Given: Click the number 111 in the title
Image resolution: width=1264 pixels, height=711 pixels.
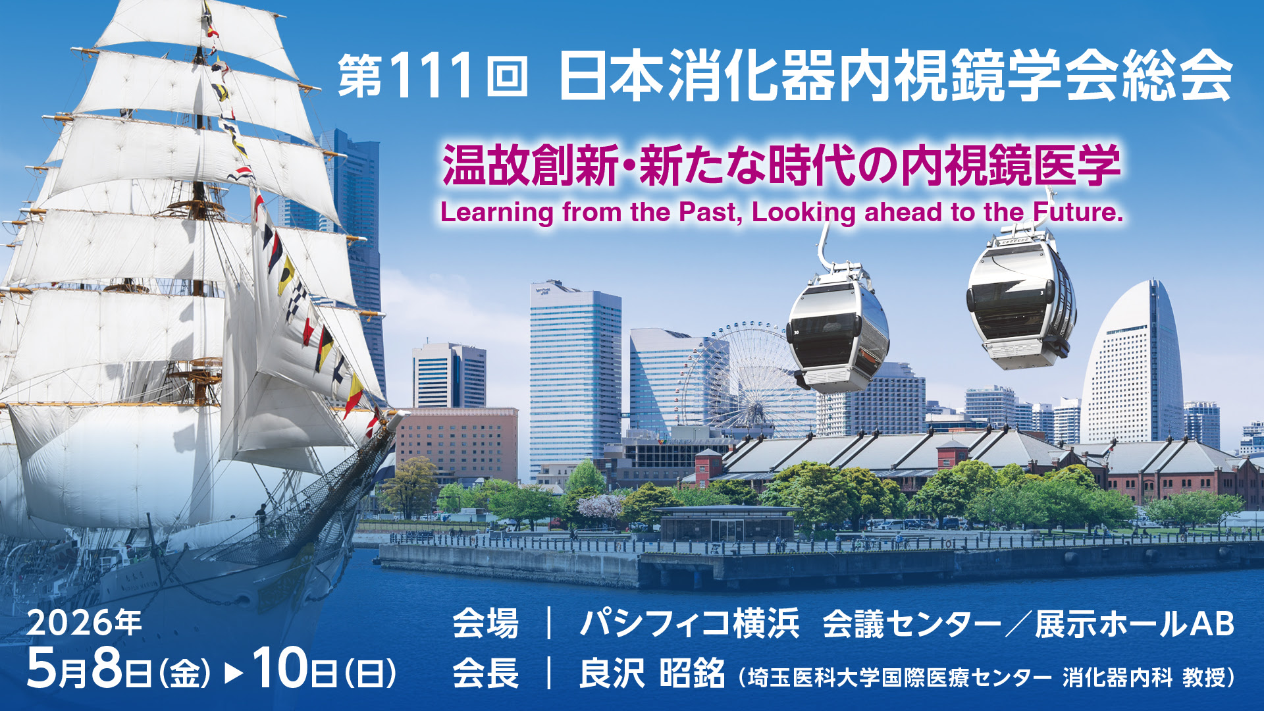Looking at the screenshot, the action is coord(431,76).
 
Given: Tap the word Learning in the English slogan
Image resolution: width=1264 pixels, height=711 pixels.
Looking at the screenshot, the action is coord(497,213).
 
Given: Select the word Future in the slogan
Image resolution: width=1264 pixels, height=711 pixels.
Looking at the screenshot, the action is coord(1078,212).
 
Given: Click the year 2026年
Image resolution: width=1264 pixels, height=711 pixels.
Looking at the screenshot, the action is coord(84,623).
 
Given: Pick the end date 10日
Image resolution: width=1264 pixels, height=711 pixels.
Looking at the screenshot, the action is coord(294,668).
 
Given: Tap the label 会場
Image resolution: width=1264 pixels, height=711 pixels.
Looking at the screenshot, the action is coord(485,623).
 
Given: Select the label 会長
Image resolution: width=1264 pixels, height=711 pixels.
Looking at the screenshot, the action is coord(485,673).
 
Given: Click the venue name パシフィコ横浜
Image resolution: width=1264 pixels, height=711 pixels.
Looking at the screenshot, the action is coord(689,623).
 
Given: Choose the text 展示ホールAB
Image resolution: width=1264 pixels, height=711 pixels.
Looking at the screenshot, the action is coord(1134,623).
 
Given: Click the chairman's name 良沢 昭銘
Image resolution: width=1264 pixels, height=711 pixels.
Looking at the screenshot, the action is coord(652,673).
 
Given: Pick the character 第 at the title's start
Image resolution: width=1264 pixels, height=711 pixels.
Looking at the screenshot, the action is coord(360,76).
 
